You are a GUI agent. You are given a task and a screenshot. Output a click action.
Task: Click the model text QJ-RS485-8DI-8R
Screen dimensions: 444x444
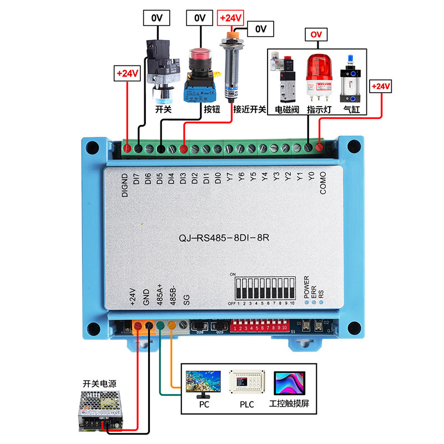coord(224,237)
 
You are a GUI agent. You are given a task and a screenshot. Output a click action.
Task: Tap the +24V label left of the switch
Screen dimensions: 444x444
coord(128,73)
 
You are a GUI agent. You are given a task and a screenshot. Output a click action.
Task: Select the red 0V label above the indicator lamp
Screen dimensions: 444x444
coord(316,35)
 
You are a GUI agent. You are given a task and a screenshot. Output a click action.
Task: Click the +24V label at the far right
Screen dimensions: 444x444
coord(381,87)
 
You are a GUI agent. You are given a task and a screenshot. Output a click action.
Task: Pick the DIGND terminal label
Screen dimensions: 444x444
coord(125,185)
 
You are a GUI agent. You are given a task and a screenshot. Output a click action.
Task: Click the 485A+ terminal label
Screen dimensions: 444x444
coord(159,296)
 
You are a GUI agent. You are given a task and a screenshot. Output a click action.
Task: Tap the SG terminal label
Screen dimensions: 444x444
coord(186,300)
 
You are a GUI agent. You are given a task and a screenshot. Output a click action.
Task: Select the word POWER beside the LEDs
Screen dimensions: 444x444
coord(306,286)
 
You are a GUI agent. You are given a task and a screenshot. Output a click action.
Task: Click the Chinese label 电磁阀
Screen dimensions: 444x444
coord(287,110)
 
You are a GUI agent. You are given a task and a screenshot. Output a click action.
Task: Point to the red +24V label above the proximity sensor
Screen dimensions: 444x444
coord(231,18)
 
